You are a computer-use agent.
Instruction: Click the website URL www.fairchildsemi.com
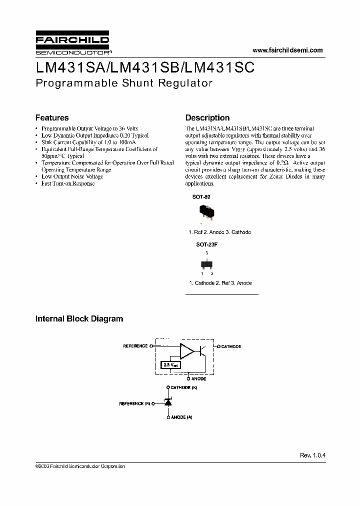(x=288, y=50)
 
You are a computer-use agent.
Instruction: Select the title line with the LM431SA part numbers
(x=145, y=67)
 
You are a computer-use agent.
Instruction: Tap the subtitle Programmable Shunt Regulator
(x=124, y=83)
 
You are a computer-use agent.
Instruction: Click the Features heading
(x=52, y=118)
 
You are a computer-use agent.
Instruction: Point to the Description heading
(x=207, y=118)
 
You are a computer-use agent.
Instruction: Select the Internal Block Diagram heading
(x=79, y=318)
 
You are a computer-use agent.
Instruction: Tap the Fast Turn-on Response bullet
(x=68, y=183)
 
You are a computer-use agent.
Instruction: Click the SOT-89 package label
(x=201, y=197)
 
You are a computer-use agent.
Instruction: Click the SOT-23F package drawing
(x=206, y=263)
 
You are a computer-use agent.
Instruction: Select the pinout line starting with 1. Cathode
(x=220, y=283)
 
